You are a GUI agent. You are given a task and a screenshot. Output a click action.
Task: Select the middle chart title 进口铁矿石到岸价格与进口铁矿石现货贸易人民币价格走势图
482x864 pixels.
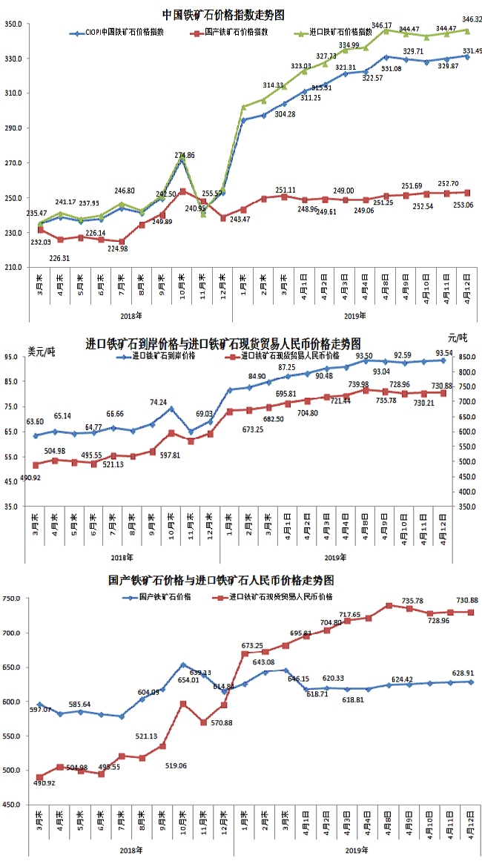223,344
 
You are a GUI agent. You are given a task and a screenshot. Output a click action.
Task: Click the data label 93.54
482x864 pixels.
444,352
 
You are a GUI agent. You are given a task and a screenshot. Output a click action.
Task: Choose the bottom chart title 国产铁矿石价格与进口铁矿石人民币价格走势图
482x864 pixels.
221,578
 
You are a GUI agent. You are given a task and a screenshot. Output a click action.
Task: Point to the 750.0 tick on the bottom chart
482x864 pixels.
13,598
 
